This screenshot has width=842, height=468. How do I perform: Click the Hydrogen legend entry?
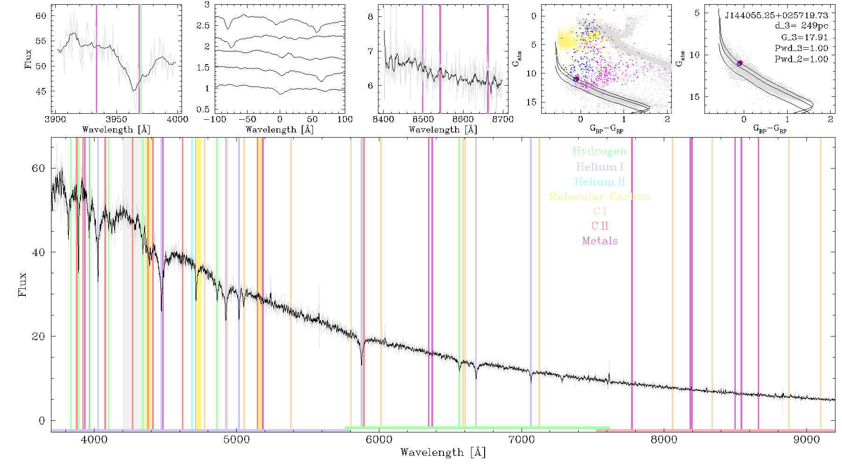click(x=599, y=151)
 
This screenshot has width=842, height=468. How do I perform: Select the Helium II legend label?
click(x=599, y=182)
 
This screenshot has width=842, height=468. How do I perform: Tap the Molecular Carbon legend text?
click(x=600, y=197)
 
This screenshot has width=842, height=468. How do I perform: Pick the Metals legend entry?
click(x=600, y=241)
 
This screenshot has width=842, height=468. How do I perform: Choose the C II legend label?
click(x=600, y=226)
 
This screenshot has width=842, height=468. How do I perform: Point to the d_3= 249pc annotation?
click(x=801, y=26)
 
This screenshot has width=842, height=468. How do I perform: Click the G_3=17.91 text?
click(x=805, y=37)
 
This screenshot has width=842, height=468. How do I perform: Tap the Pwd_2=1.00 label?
click(x=801, y=59)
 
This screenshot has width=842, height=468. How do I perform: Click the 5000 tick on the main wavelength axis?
click(x=237, y=439)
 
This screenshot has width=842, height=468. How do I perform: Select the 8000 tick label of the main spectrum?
click(x=664, y=439)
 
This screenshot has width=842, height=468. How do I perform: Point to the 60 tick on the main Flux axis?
click(x=38, y=168)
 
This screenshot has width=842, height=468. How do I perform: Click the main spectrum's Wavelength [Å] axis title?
click(x=443, y=453)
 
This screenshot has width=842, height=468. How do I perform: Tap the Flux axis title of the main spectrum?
click(x=22, y=285)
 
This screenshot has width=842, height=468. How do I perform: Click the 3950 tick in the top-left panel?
click(x=116, y=119)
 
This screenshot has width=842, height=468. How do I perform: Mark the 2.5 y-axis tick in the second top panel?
click(x=203, y=25)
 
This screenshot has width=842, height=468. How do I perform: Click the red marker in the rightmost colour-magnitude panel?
click(x=740, y=63)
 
